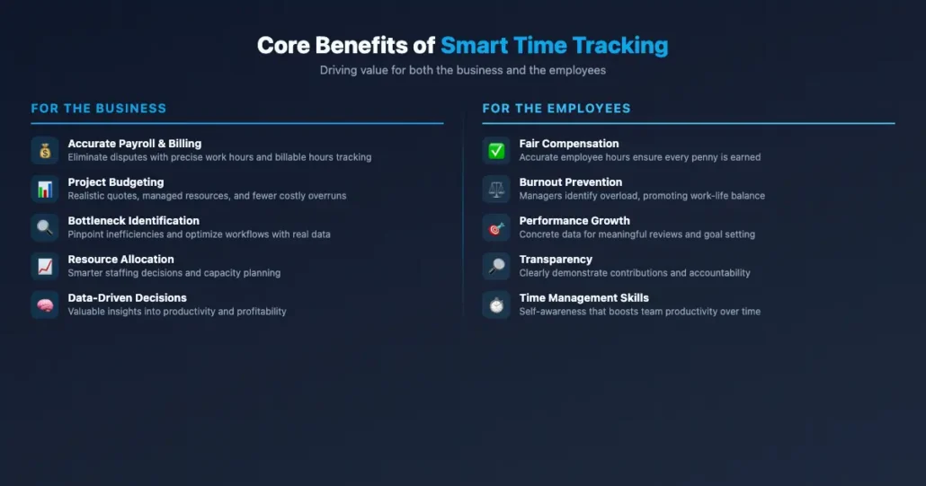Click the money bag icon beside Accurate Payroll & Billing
click(x=45, y=150)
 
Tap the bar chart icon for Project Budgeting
click(x=45, y=189)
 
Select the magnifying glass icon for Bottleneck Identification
click(x=45, y=227)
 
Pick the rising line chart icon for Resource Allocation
click(x=45, y=266)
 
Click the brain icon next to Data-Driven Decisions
click(x=45, y=305)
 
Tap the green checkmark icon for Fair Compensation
click(x=496, y=150)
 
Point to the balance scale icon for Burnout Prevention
click(x=496, y=189)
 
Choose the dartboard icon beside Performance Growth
click(x=496, y=227)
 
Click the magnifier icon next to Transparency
click(x=496, y=266)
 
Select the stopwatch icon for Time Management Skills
click(x=496, y=305)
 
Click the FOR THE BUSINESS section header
click(x=99, y=109)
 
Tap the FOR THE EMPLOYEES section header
click(x=556, y=109)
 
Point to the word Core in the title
click(x=285, y=46)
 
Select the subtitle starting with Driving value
click(x=463, y=70)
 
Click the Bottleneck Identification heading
click(x=134, y=221)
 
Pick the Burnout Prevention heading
click(x=571, y=182)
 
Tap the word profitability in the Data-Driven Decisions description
click(x=255, y=312)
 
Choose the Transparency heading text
click(x=556, y=260)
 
